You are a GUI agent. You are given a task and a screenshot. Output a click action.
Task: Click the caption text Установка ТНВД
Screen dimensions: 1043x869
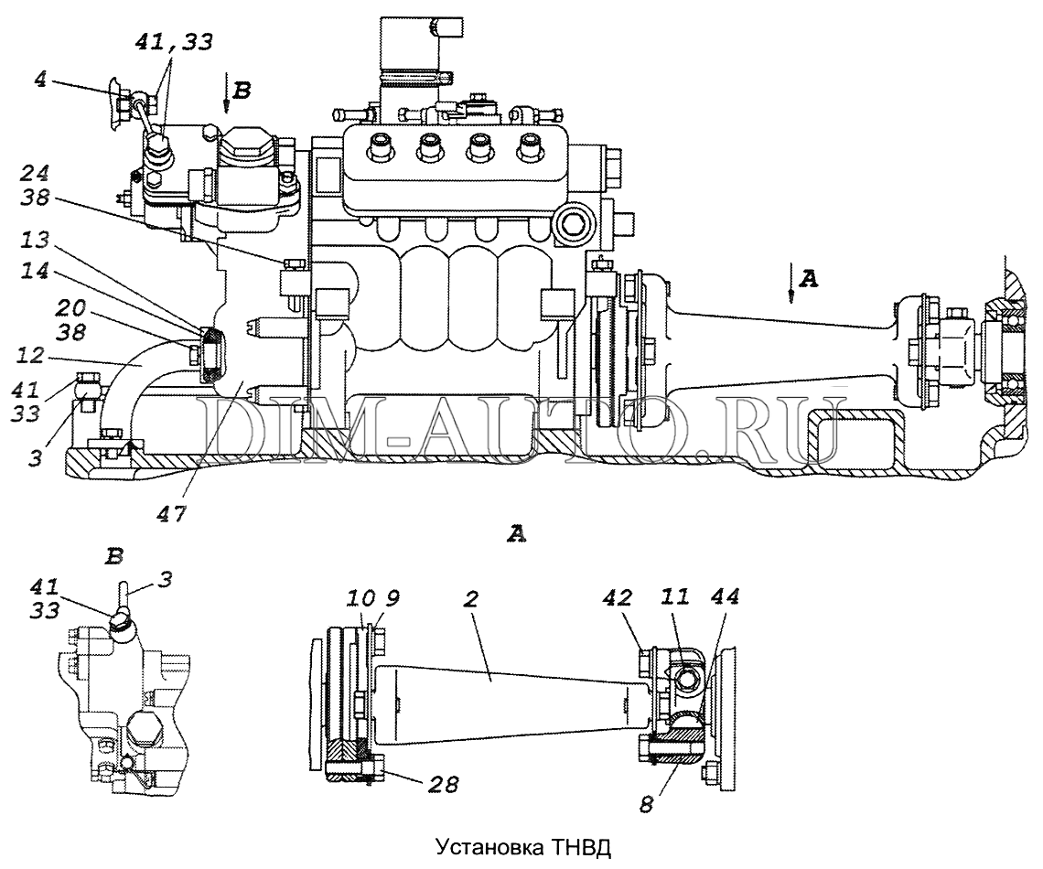pos(522,847)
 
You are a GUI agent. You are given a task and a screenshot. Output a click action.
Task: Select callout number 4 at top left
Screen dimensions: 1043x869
pos(40,80)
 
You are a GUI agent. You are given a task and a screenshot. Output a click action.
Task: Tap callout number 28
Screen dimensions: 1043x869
pos(445,785)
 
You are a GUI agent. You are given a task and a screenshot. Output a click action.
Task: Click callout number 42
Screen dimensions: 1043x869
pos(618,597)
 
